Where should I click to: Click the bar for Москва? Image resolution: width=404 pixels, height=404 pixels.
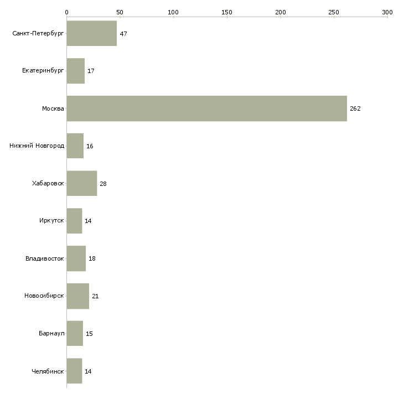tap(206, 108)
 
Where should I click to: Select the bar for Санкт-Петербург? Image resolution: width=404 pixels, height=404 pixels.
tap(92, 34)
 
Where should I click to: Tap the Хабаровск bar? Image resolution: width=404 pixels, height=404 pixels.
tap(82, 184)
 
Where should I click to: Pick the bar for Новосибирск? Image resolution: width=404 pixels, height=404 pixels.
tap(78, 296)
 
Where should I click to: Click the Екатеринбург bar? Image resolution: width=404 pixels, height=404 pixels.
tap(76, 71)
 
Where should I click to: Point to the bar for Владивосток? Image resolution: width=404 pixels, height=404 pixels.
tap(76, 258)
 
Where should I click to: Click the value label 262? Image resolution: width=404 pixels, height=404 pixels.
tap(355, 108)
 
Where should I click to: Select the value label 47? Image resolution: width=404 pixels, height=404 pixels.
tap(123, 34)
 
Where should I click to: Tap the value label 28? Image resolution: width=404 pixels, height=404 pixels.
tap(103, 184)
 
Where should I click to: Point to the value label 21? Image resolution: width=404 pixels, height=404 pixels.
tap(95, 296)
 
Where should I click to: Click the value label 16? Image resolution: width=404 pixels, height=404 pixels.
tap(90, 146)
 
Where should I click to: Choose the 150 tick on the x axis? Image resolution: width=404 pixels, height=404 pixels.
tap(227, 12)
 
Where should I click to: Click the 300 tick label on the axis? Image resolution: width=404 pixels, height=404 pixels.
tap(387, 12)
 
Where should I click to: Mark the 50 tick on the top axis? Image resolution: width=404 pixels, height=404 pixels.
tap(120, 12)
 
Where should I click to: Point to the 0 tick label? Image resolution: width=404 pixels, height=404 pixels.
tap(66, 12)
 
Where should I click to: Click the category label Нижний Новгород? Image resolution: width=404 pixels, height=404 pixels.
tap(37, 146)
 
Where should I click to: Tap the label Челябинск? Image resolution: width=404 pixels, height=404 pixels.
tap(48, 371)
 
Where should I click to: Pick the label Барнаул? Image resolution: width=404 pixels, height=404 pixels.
tap(51, 334)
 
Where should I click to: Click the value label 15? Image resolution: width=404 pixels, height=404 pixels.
tap(89, 334)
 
